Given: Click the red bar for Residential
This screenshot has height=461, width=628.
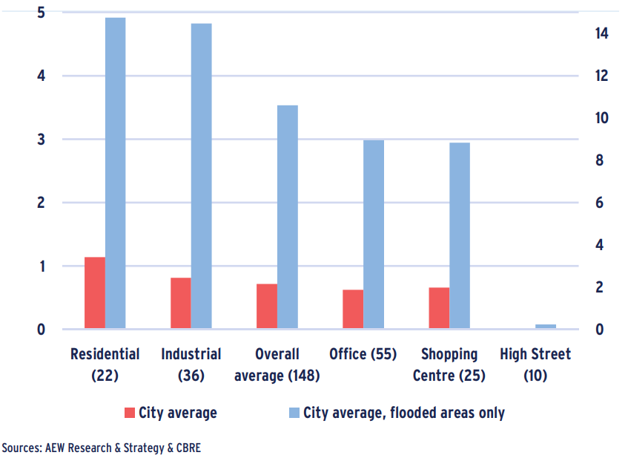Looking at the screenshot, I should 94,292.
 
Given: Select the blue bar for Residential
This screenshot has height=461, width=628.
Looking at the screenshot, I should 115,172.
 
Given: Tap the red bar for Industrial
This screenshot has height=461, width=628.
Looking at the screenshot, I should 180,303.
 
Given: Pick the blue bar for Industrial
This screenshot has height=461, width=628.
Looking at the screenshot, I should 201,176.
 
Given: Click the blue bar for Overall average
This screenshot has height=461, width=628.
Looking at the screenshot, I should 287,217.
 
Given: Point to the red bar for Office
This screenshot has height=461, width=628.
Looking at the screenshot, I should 352,309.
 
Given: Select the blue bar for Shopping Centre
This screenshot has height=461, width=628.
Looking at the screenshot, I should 459,235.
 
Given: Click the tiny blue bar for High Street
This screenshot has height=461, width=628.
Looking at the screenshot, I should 545,326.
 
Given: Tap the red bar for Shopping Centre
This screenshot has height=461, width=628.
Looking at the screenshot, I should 438,307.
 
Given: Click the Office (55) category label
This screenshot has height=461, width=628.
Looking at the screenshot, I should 363,354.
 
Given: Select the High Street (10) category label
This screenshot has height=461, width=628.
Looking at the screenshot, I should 535,364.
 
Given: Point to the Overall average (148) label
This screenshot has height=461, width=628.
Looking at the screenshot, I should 277,364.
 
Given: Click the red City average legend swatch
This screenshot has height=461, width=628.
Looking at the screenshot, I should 129,413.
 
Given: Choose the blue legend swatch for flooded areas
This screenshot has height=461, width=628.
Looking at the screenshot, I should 293,413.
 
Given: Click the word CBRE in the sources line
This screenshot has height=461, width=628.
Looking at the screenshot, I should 187,448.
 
